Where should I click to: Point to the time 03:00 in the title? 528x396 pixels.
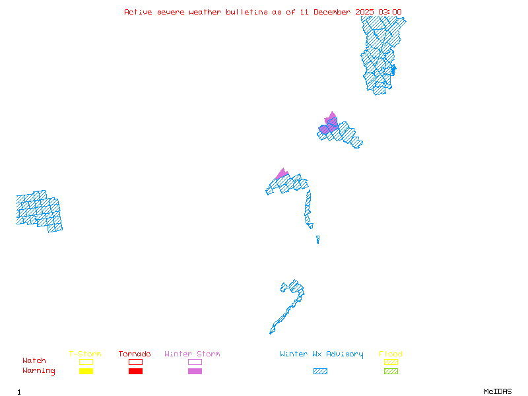pyautogui.click(x=389, y=12)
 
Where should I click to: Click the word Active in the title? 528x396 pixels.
pyautogui.click(x=138, y=12)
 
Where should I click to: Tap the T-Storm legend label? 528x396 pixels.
pyautogui.click(x=85, y=354)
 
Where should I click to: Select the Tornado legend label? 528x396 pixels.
pyautogui.click(x=135, y=354)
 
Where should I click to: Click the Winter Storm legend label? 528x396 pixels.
pyautogui.click(x=192, y=354)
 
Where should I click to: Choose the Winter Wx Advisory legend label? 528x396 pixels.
pyautogui.click(x=321, y=354)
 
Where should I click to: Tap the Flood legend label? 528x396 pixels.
pyautogui.click(x=391, y=354)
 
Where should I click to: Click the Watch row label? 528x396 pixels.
pyautogui.click(x=34, y=361)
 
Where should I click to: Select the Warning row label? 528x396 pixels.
pyautogui.click(x=39, y=371)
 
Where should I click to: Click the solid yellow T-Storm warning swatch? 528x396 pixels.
pyautogui.click(x=86, y=372)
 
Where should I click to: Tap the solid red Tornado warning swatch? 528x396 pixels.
pyautogui.click(x=135, y=372)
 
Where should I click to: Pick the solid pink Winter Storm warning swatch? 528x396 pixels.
pyautogui.click(x=195, y=372)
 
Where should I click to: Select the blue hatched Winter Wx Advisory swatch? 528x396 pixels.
pyautogui.click(x=320, y=372)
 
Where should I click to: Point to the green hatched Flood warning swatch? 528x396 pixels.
pyautogui.click(x=391, y=372)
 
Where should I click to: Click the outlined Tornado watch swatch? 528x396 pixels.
pyautogui.click(x=135, y=362)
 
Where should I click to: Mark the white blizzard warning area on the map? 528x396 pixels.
pyautogui.click(x=316, y=226)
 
